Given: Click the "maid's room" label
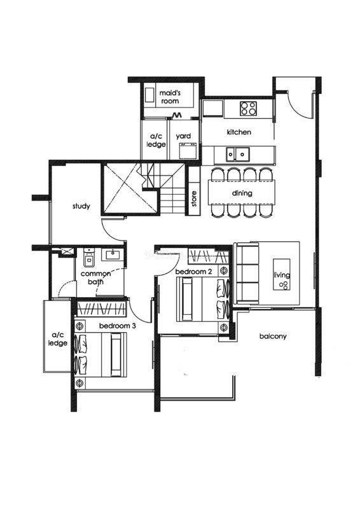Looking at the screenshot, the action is click(170, 97).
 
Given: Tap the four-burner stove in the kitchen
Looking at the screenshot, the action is click(248, 108).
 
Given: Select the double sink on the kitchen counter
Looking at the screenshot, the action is click(238, 154).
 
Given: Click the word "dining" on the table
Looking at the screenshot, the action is click(242, 193).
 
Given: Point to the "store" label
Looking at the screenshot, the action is click(194, 199).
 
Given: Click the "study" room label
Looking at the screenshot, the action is click(81, 206).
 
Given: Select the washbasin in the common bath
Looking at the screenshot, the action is click(113, 254).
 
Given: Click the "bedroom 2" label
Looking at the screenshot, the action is click(193, 272).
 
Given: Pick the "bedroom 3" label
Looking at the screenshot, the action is click(117, 326).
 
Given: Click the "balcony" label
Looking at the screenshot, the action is click(273, 337).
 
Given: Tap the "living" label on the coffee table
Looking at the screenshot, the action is click(281, 275).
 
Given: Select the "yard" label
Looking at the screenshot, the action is click(183, 136).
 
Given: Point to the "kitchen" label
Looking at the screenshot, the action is click(239, 132).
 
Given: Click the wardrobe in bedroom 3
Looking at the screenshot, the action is click(101, 309).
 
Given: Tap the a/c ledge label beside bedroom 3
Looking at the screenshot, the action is click(58, 339).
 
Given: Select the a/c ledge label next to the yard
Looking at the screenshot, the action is click(156, 140).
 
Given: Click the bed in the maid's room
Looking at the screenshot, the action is click(149, 97).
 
